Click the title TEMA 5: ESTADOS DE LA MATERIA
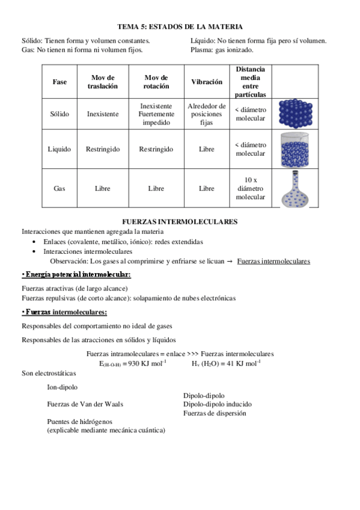tap(180, 26)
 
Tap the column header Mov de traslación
tap(102, 82)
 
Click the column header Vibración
tap(206, 82)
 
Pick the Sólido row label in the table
tap(60, 113)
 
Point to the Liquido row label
tap(59, 149)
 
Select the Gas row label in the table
tap(59, 188)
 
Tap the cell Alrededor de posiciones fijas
tap(206, 113)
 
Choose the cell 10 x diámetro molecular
tap(251, 188)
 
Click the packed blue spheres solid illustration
tap(296, 112)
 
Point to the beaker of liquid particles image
tap(296, 149)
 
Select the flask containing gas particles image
tap(296, 188)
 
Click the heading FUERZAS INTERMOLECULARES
tap(180, 221)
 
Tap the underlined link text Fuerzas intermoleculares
tap(273, 261)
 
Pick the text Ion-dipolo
tap(62, 387)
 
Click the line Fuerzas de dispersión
tap(215, 413)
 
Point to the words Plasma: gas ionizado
tap(221, 50)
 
